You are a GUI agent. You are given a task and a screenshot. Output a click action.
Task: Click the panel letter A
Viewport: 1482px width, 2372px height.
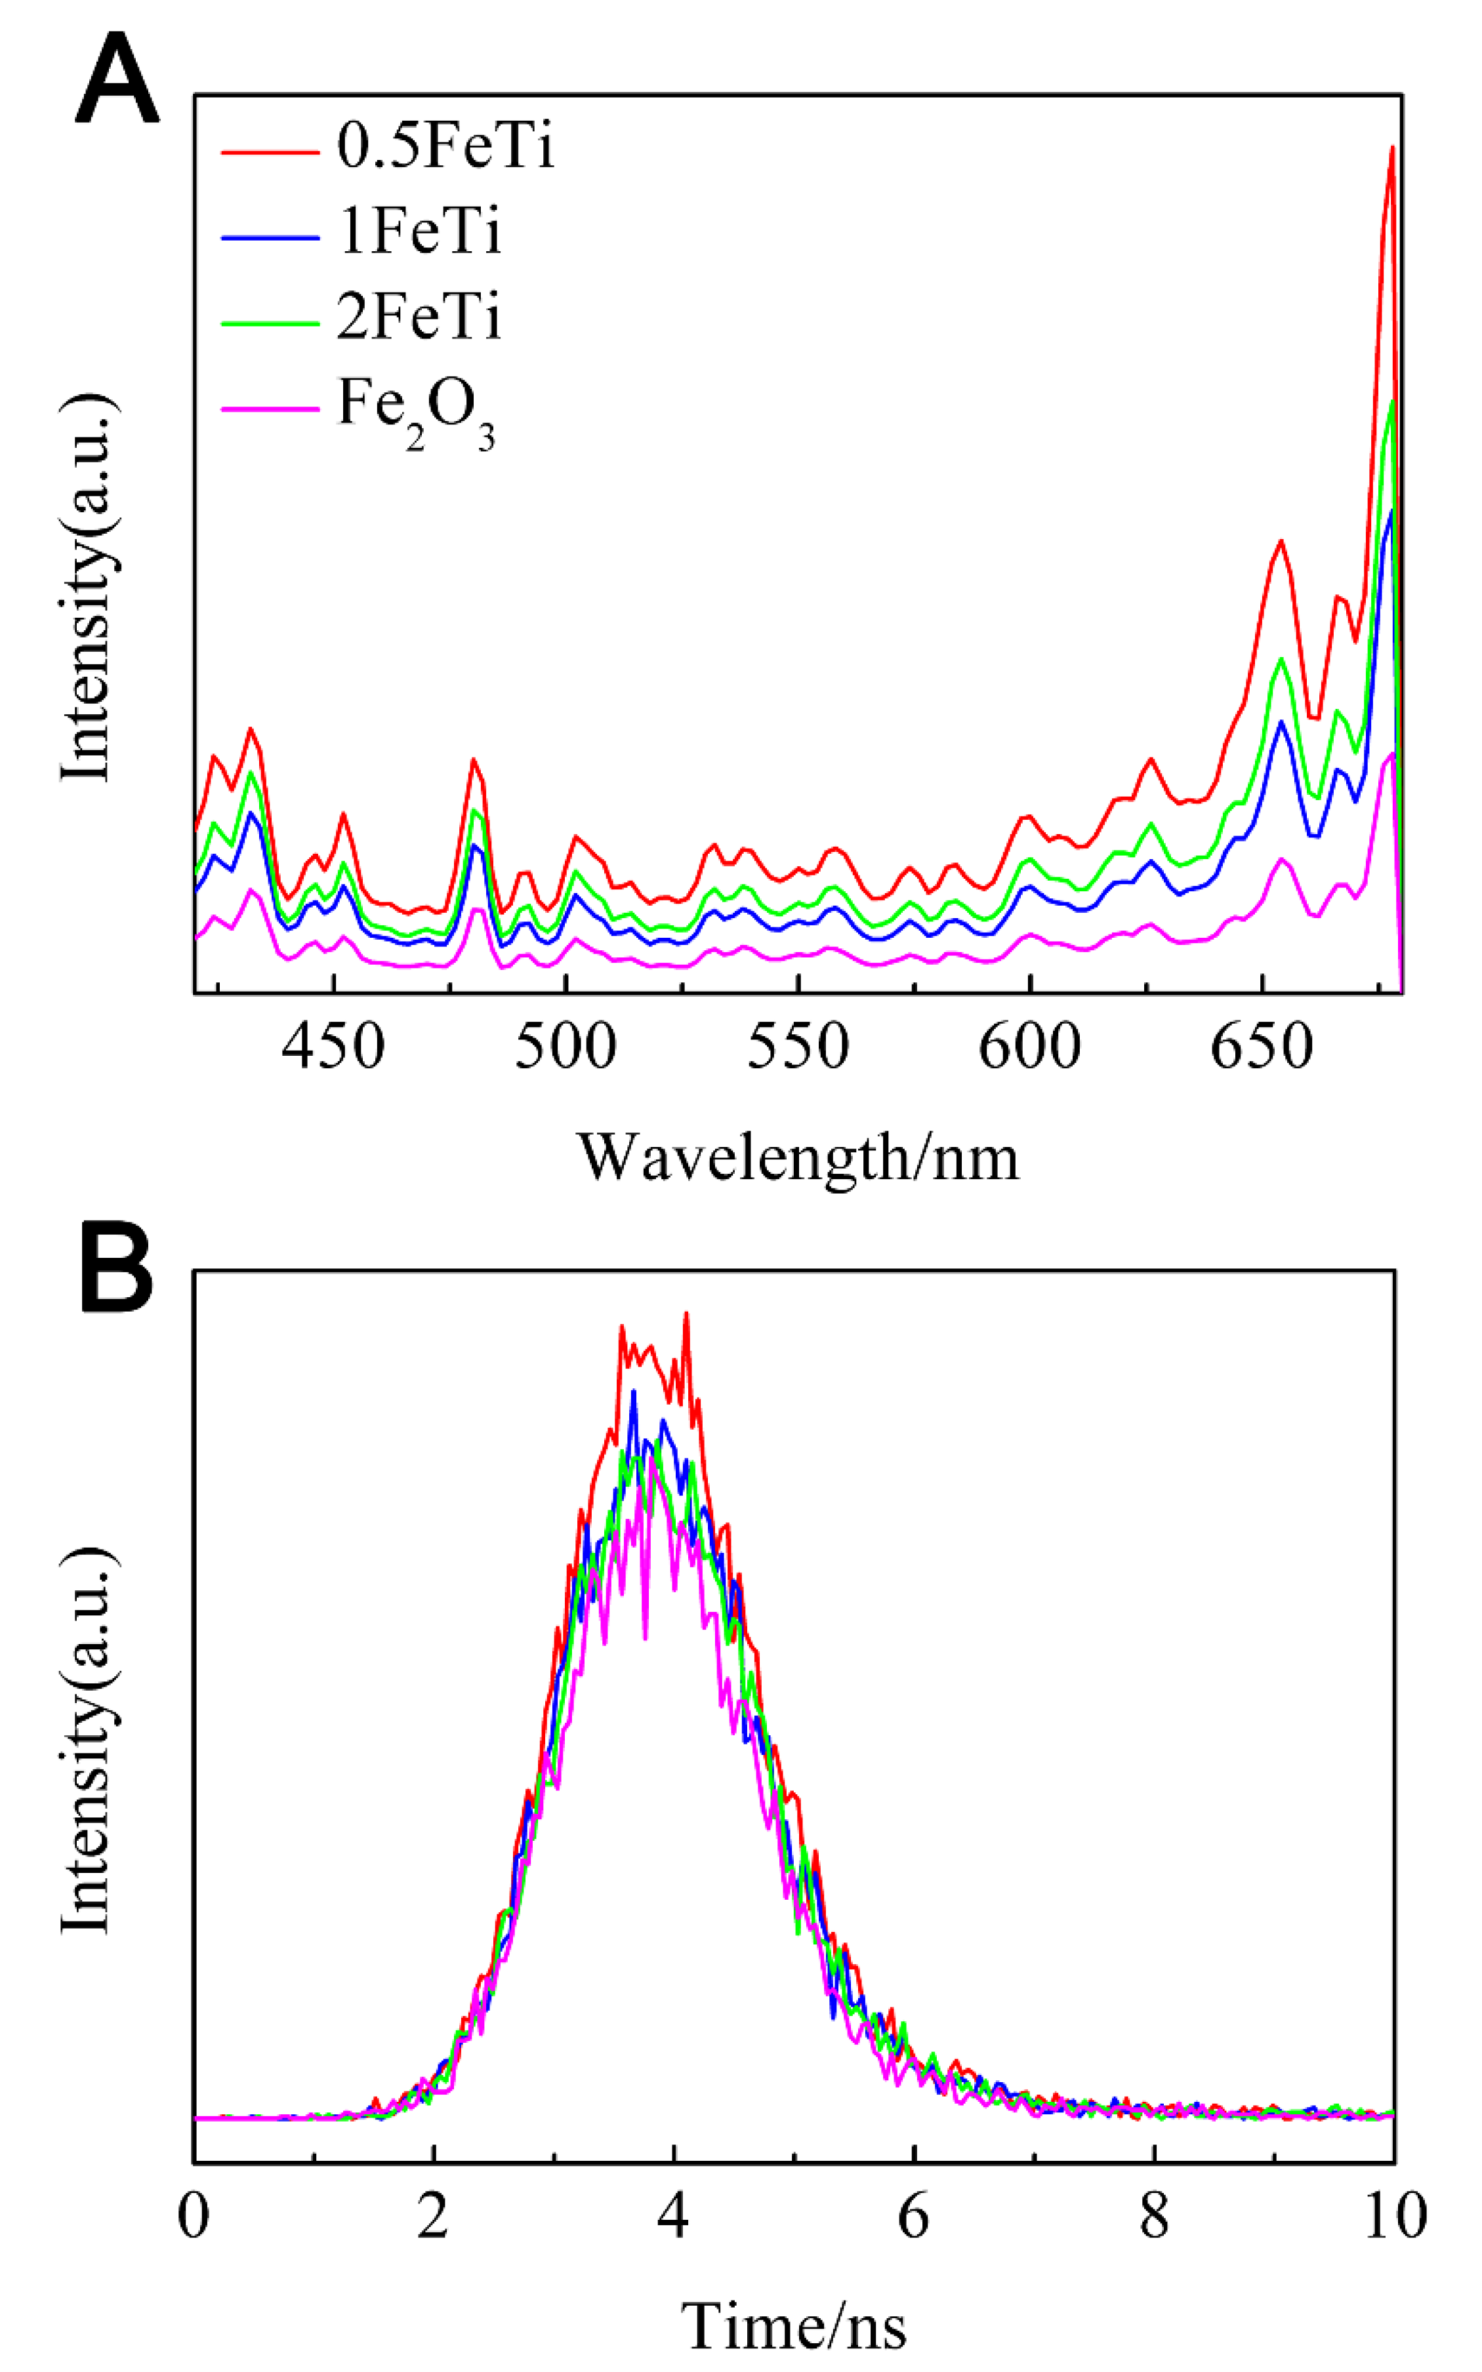point(117,79)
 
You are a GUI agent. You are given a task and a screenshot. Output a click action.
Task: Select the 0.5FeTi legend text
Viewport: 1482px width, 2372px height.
point(446,147)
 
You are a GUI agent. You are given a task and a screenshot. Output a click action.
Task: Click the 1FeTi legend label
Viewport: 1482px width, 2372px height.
point(419,232)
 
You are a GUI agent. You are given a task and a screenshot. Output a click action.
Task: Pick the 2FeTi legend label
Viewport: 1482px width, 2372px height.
point(419,317)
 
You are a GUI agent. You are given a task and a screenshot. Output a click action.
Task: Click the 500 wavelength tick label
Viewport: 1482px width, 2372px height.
point(566,1047)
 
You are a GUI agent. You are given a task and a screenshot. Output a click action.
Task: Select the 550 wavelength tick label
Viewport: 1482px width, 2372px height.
point(798,1047)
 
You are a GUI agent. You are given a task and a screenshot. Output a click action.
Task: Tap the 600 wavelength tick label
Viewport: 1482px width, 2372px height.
point(1030,1047)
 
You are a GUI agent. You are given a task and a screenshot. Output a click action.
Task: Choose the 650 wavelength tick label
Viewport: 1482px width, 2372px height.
point(1262,1047)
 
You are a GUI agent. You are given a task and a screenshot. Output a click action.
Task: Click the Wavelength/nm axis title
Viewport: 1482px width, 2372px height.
point(798,1157)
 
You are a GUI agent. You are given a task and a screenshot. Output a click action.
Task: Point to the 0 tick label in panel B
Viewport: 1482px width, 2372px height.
point(194,2216)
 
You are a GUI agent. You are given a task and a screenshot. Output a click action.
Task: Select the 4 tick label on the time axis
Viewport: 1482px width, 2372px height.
point(673,2216)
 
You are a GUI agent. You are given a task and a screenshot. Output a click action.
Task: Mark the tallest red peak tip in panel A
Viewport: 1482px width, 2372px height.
point(1392,148)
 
